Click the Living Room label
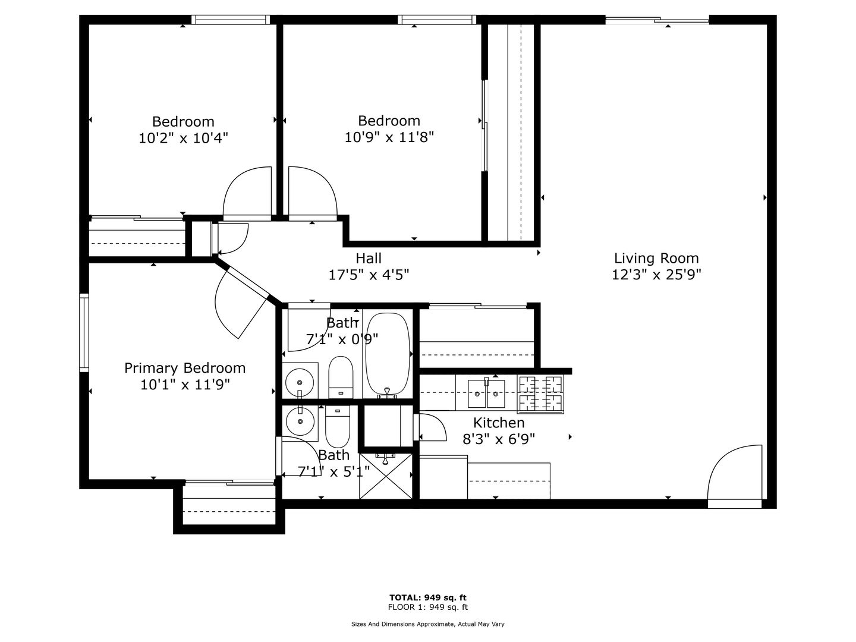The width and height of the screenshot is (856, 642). [656, 258]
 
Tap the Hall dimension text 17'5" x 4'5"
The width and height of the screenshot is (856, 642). [369, 275]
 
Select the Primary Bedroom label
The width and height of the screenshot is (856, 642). [185, 368]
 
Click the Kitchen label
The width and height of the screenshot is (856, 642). [499, 423]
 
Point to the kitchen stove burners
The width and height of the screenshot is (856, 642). [540, 394]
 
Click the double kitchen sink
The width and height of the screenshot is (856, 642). [486, 394]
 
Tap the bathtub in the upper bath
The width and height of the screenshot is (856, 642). [388, 354]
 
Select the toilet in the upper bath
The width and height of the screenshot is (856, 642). [341, 377]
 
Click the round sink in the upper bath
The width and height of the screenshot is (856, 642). [300, 382]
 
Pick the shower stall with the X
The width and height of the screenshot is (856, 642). [385, 476]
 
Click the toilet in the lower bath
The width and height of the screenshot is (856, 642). [337, 426]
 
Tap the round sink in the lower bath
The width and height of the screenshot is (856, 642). [300, 421]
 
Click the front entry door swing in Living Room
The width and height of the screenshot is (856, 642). [734, 473]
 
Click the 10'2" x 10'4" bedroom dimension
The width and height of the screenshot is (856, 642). [183, 138]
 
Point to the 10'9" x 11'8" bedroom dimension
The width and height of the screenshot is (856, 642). [389, 137]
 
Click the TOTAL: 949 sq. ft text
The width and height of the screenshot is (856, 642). [428, 597]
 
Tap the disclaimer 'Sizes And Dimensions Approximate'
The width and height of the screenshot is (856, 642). [402, 624]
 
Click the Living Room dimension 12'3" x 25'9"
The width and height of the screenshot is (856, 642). [656, 275]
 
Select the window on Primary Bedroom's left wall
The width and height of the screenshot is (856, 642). [84, 333]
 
